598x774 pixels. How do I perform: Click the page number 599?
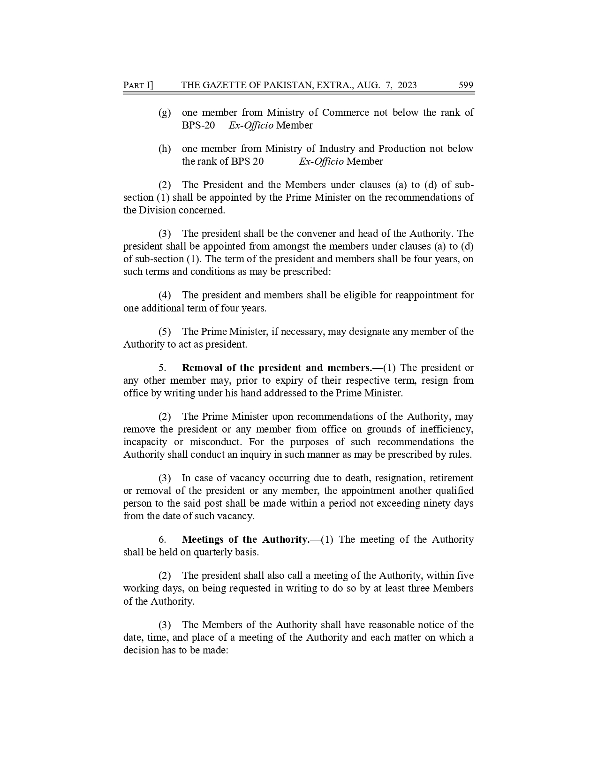(466, 85)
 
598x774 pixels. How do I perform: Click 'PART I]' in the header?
(138, 85)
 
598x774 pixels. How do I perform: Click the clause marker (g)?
(165, 113)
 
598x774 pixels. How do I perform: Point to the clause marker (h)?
(165, 149)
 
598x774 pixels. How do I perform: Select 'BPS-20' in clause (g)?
(198, 125)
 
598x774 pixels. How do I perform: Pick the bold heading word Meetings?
(203, 539)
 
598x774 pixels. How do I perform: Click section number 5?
(162, 368)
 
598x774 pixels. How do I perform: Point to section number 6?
(162, 539)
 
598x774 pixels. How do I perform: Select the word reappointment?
(426, 295)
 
